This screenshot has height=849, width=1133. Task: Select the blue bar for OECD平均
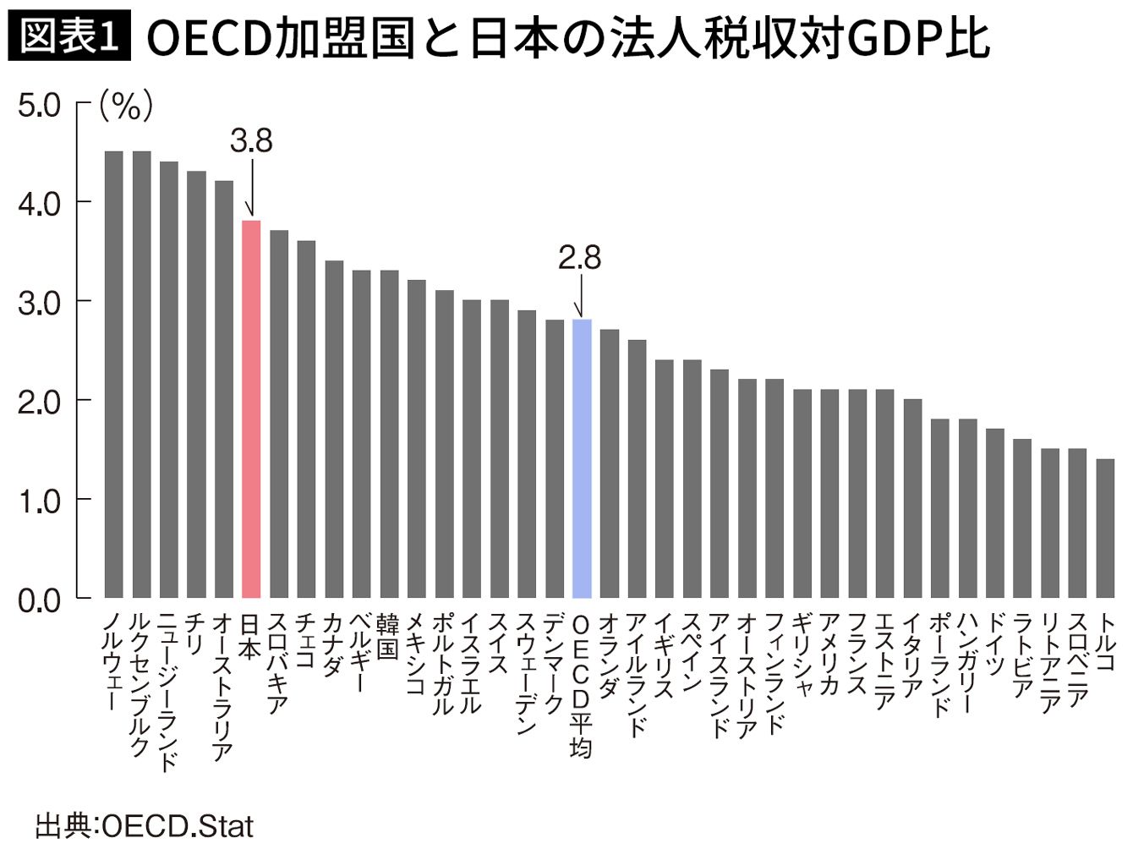click(582, 458)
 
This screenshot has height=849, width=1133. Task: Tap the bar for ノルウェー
click(113, 374)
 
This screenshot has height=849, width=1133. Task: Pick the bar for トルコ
click(1105, 528)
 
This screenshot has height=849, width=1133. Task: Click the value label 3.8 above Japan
click(251, 141)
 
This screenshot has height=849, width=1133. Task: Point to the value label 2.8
click(579, 258)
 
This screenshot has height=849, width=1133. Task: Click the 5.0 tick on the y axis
click(39, 106)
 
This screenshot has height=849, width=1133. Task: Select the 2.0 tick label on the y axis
click(39, 402)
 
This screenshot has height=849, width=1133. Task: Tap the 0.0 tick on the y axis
click(39, 600)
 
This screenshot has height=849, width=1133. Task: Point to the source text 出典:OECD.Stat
click(144, 825)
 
